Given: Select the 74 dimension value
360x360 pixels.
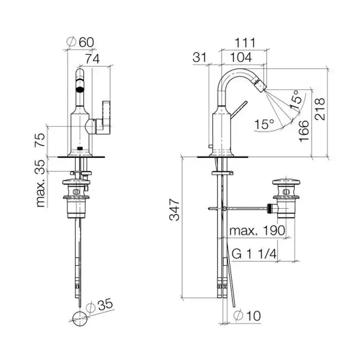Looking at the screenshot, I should coord(93,59).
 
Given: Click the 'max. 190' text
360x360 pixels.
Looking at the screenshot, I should coord(257,230).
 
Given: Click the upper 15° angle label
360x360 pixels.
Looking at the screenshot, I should coord(294,99).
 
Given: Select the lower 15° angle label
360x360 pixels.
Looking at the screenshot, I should coord(264,124).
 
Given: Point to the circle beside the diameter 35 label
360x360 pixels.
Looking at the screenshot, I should coord(79,317).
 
